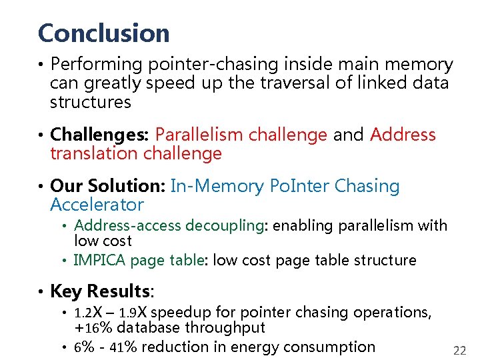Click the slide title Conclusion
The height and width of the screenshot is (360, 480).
pos(104,33)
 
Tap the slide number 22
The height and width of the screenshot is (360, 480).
pos(459,351)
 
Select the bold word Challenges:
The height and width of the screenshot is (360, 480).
pos(100,135)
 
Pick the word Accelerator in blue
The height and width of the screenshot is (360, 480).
pos(97,205)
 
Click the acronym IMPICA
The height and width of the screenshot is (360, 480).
pos(99,260)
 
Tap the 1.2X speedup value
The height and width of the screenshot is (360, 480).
pos(89,312)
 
